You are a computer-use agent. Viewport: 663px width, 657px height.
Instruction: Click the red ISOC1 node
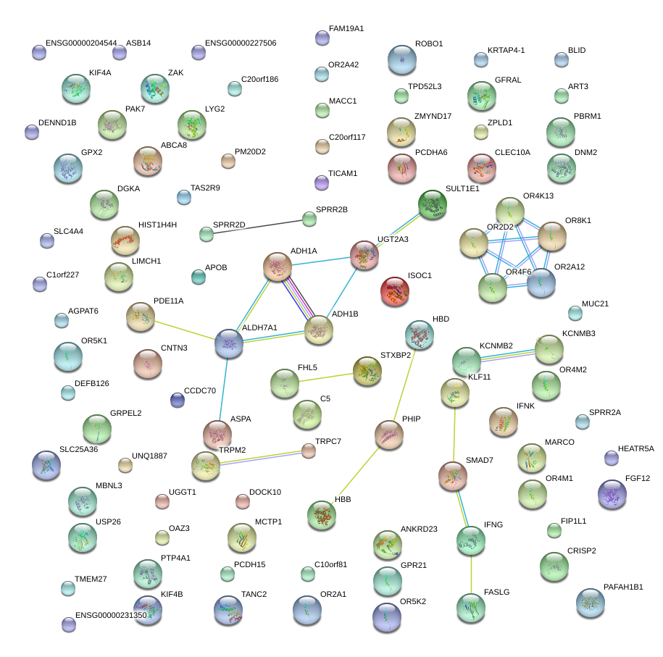point(394,290)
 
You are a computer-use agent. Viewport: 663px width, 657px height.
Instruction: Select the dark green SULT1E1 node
point(433,204)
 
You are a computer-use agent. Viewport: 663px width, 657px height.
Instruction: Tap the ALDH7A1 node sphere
point(229,343)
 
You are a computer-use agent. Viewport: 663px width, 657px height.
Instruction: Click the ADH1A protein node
point(277,267)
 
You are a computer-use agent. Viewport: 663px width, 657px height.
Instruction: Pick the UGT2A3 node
point(364,255)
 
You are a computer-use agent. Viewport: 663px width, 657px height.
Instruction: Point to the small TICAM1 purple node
point(322,182)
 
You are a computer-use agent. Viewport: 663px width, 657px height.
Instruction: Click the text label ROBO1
point(429,44)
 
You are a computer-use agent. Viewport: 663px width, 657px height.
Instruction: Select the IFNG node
point(470,540)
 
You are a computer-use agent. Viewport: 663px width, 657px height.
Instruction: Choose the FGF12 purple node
point(612,494)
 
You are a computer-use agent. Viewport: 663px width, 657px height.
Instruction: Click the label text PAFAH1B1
point(622,587)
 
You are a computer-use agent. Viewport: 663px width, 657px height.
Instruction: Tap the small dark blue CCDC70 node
point(177,399)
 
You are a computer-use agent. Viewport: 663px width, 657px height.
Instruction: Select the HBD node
point(419,334)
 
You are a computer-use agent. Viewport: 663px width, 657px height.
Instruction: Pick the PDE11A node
point(140,316)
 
